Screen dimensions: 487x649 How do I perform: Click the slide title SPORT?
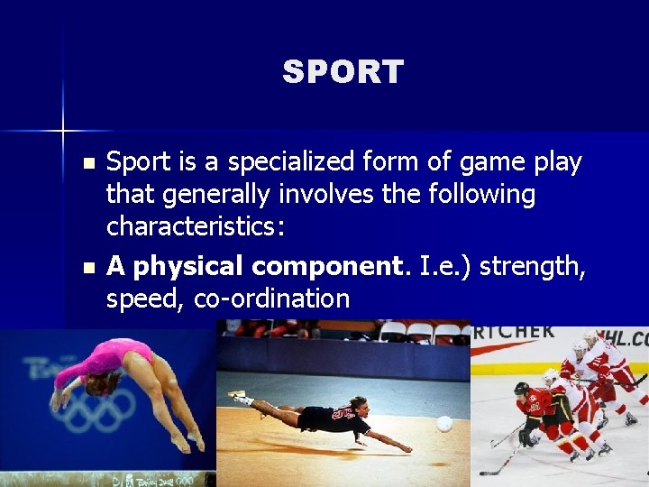click(x=343, y=72)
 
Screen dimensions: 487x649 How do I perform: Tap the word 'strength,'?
click(x=531, y=267)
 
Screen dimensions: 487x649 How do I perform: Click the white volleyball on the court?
click(x=443, y=423)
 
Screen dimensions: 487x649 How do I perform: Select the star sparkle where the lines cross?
click(x=63, y=131)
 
